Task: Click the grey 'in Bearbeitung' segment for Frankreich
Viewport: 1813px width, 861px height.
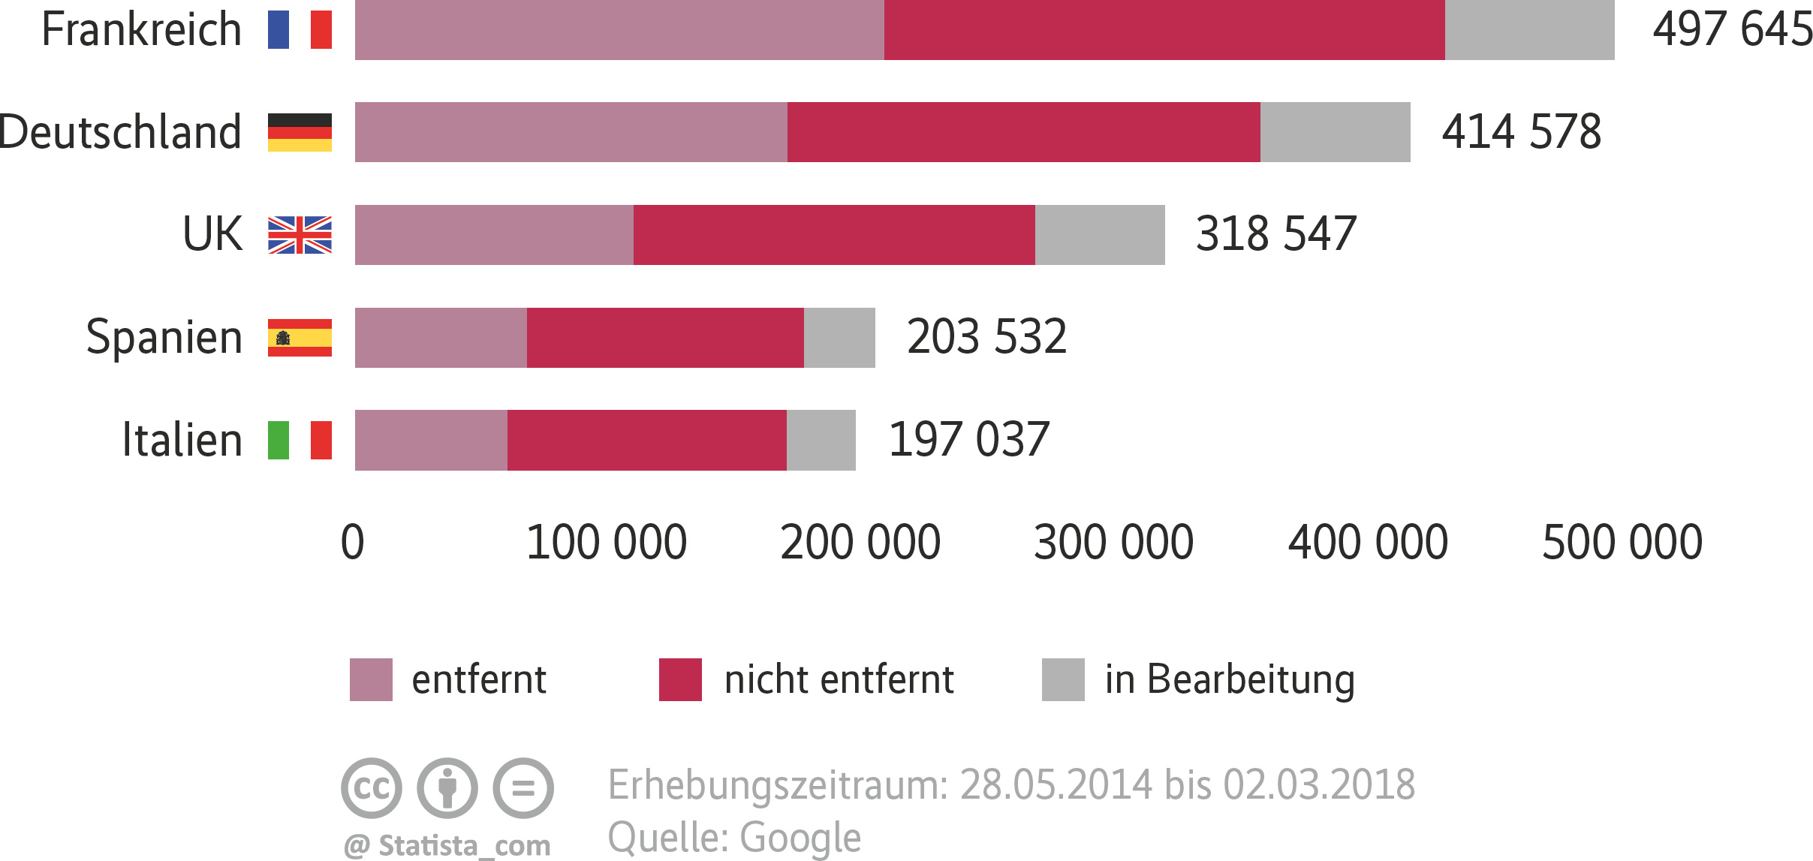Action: coord(1529,30)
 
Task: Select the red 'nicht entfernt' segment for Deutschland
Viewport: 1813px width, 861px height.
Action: coord(1023,132)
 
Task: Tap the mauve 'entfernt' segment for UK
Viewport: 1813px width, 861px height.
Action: coord(494,235)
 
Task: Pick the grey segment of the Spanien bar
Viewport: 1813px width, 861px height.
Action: coord(839,338)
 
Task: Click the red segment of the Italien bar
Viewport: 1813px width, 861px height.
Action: coord(646,440)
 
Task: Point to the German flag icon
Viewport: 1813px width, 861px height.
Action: coord(300,132)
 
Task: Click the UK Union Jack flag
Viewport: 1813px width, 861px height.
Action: coord(300,235)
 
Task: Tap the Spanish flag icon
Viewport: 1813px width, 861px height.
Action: coord(300,338)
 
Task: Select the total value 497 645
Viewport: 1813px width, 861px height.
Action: coord(1732,30)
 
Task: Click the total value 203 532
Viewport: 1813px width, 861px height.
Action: coord(986,336)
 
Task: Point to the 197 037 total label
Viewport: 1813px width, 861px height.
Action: coord(968,439)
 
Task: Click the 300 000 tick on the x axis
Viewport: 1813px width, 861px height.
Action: coord(1113,542)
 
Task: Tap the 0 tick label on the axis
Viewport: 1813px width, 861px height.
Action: coord(352,542)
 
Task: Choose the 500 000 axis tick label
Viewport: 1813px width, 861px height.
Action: coord(1622,542)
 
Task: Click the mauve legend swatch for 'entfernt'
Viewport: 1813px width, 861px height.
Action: coord(371,679)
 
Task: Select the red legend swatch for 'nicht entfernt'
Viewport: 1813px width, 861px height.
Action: coord(680,679)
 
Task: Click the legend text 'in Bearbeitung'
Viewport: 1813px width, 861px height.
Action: coord(1230,679)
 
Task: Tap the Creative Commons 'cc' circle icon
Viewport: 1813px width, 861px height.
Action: coord(372,787)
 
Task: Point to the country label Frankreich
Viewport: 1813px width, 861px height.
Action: coord(141,30)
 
